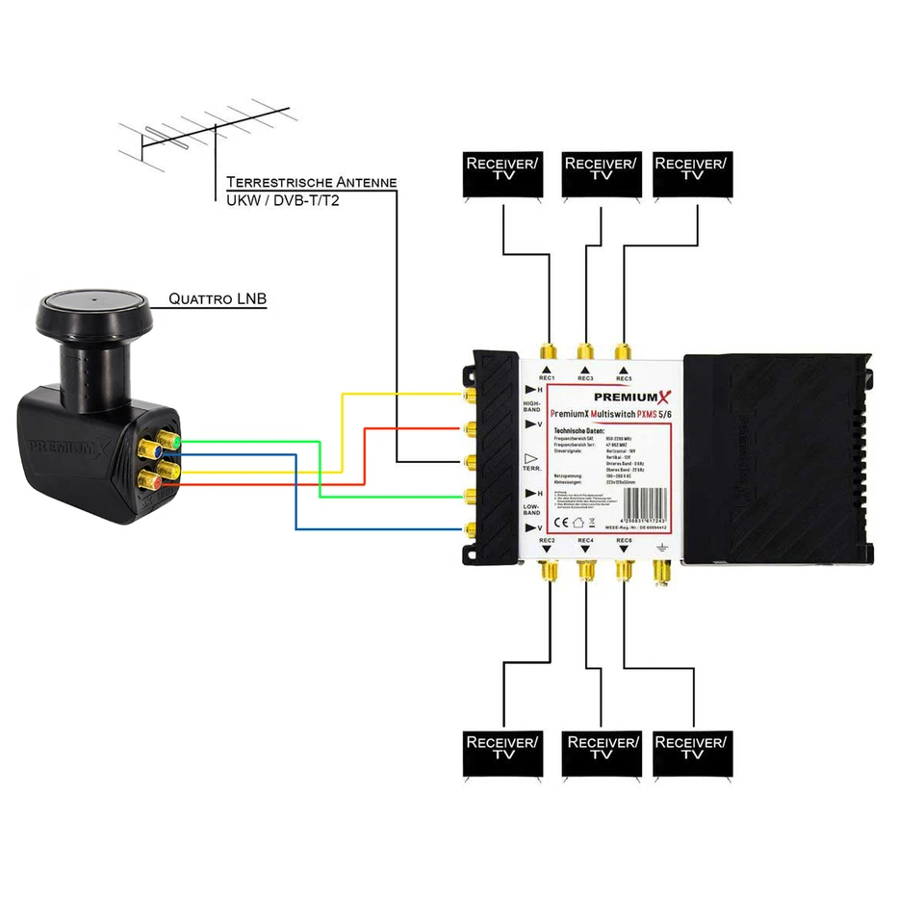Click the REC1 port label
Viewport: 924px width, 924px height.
click(547, 378)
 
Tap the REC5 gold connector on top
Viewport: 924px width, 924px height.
click(624, 350)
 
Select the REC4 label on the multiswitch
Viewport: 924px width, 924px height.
click(585, 541)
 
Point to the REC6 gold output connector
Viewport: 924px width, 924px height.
click(624, 571)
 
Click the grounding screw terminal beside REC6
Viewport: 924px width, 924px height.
click(661, 571)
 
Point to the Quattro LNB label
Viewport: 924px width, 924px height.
click(218, 300)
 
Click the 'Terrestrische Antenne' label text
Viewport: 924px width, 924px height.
click(311, 182)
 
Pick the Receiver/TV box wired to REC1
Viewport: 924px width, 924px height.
click(501, 176)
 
